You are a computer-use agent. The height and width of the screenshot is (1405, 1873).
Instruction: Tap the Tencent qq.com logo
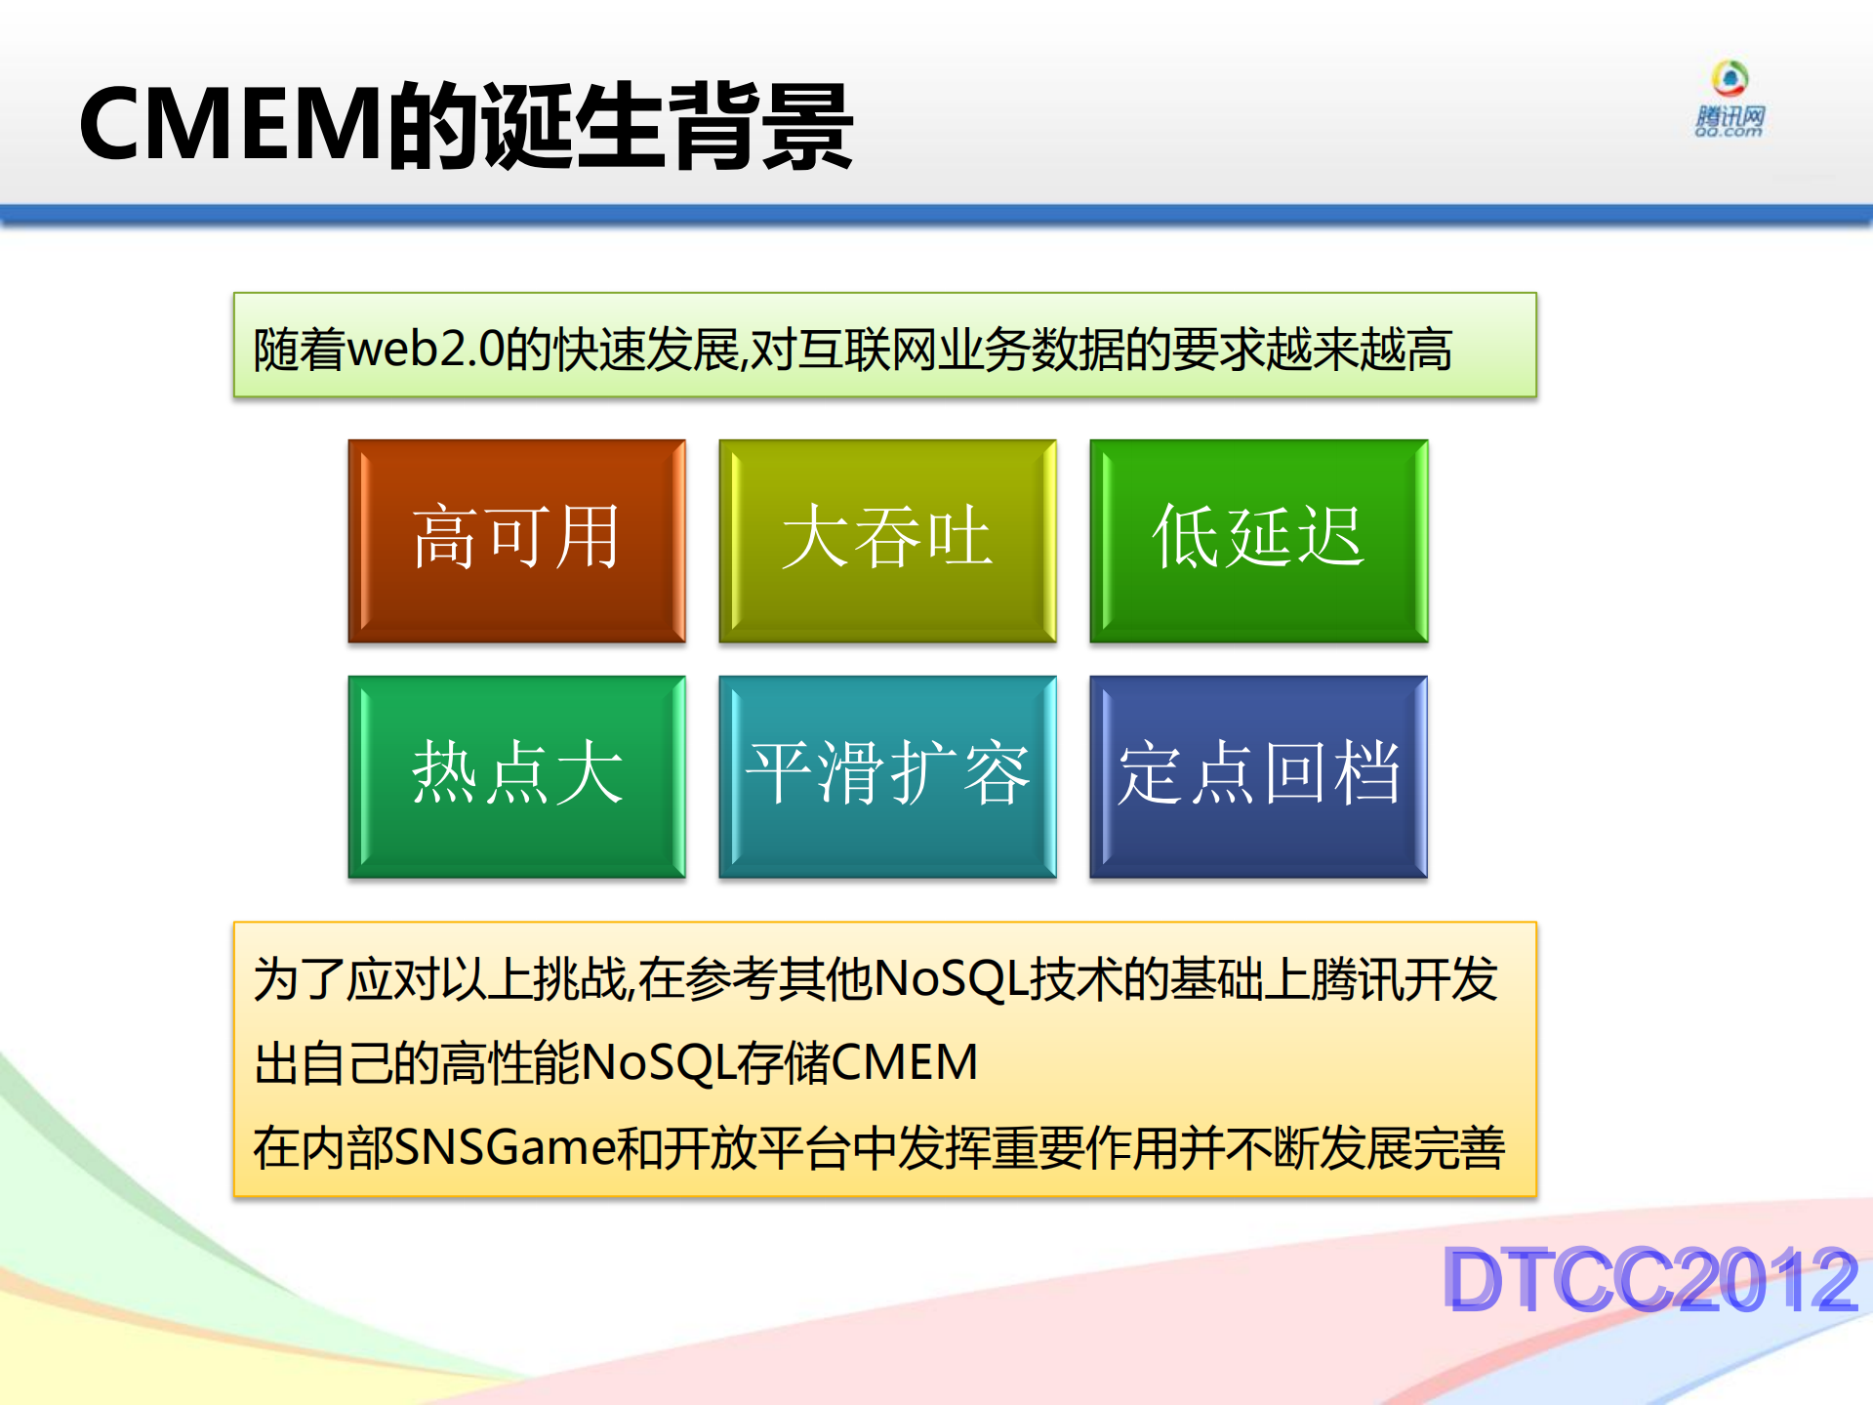(x=1730, y=101)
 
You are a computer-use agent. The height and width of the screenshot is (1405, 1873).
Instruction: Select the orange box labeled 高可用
(x=516, y=540)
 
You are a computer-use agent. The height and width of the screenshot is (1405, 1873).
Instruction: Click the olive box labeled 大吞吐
(x=887, y=540)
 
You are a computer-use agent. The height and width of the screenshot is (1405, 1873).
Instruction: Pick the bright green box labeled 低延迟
(x=1258, y=540)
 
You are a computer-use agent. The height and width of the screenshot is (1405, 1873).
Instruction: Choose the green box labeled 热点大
(x=516, y=776)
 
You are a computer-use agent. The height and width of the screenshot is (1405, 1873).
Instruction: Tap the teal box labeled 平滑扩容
(x=887, y=776)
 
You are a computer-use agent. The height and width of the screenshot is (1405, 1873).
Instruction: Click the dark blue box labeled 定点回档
(x=1258, y=776)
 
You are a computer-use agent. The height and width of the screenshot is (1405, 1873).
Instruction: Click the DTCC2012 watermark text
(x=1649, y=1279)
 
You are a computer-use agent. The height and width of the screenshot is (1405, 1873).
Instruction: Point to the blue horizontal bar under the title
(x=936, y=215)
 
